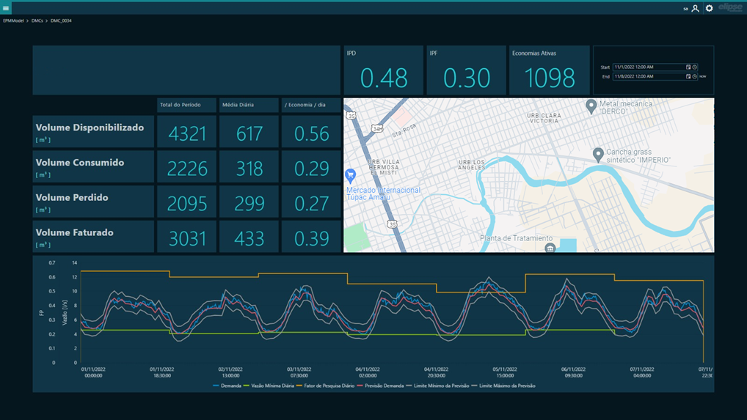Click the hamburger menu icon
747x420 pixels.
pos(6,8)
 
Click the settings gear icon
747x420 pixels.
pos(709,8)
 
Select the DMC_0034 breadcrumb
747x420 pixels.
pos(61,21)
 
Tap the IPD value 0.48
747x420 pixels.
pos(384,78)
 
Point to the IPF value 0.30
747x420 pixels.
pos(467,78)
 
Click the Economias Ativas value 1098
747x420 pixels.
pos(549,78)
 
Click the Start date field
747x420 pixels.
pos(649,67)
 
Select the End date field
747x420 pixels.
pos(649,76)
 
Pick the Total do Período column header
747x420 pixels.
pos(186,105)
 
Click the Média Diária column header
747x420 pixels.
pos(249,105)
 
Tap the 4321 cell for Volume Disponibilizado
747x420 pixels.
pos(186,133)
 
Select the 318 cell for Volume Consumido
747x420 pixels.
pos(249,169)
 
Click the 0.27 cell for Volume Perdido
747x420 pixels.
pos(311,203)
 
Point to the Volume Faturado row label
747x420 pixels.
pos(75,233)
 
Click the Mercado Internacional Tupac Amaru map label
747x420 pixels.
pos(384,194)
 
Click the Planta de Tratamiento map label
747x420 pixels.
pos(516,238)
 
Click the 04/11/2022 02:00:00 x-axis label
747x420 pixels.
pos(367,372)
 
